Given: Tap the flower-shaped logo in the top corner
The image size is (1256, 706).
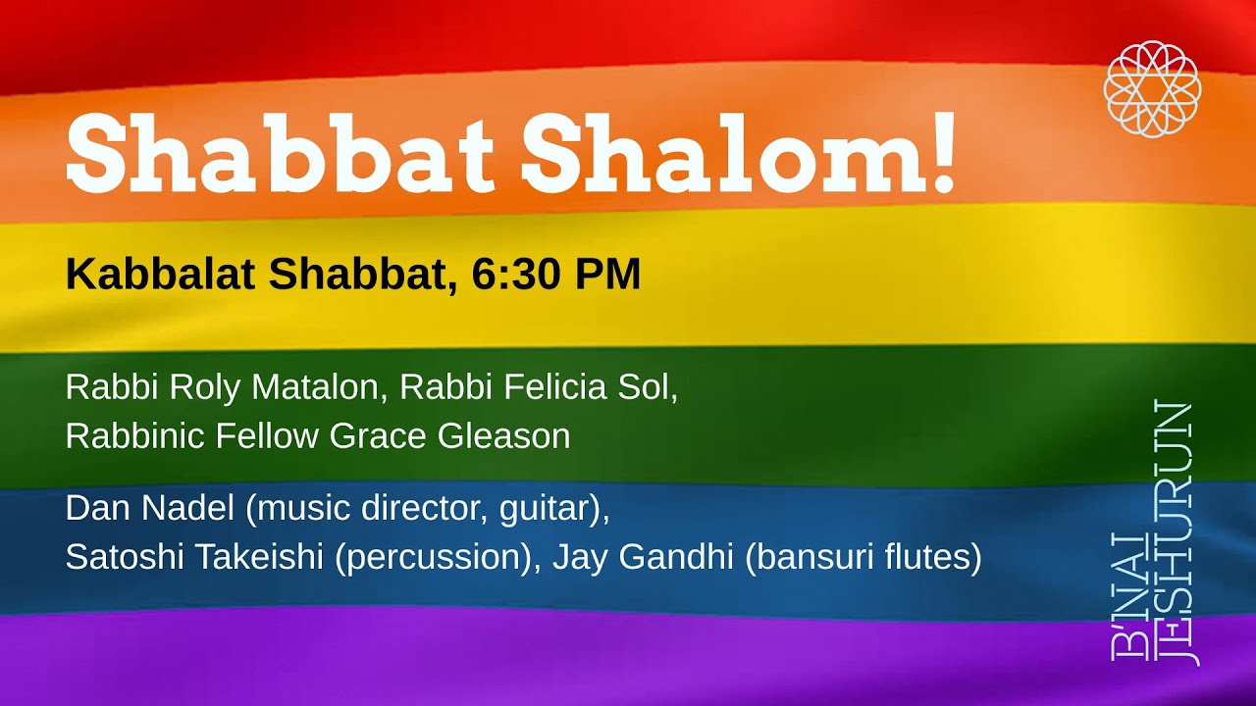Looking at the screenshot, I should tap(1152, 88).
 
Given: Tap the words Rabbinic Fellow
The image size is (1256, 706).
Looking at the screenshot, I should tap(192, 435).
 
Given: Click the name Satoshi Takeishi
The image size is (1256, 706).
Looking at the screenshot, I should tap(194, 557).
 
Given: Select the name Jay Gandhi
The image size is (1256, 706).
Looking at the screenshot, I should tap(643, 557).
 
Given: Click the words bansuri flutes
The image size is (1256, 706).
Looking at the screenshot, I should tap(863, 557).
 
